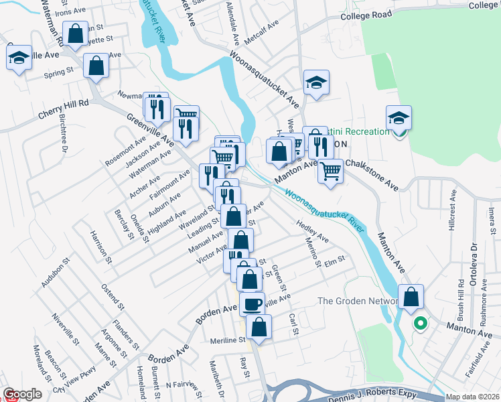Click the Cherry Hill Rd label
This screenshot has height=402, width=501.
(x=64, y=110)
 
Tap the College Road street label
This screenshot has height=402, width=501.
(x=365, y=15)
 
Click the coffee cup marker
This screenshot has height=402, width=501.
(x=252, y=304)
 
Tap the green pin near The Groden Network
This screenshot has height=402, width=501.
(x=420, y=324)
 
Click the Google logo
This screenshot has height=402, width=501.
(x=22, y=394)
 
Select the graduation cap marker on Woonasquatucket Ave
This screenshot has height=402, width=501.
(x=316, y=82)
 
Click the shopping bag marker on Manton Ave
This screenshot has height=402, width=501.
(x=411, y=296)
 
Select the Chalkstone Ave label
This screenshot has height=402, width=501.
(x=371, y=175)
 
